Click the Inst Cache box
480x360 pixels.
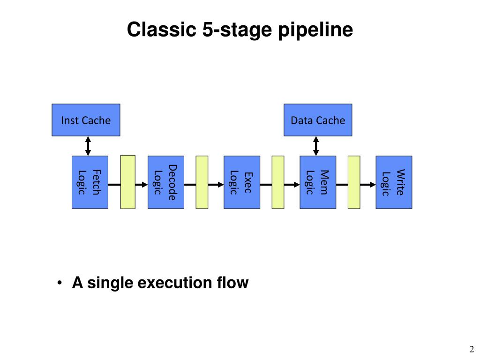pyautogui.click(x=86, y=120)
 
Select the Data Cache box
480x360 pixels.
pyautogui.click(x=318, y=120)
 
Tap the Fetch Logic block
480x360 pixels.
pyautogui.click(x=90, y=182)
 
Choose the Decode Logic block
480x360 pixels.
pyautogui.click(x=166, y=182)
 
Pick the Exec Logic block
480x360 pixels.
pyautogui.click(x=242, y=182)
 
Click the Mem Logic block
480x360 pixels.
pyautogui.click(x=318, y=182)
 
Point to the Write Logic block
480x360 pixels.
pyautogui.click(x=394, y=182)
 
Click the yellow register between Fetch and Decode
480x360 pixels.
pyautogui.click(x=128, y=182)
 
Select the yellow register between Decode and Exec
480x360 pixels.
pyautogui.click(x=202, y=182)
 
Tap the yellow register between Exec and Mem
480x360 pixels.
pyautogui.click(x=278, y=182)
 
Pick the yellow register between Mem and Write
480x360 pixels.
pyautogui.click(x=354, y=182)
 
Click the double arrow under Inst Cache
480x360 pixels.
pyautogui.click(x=88, y=146)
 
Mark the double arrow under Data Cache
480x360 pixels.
pyautogui.click(x=316, y=146)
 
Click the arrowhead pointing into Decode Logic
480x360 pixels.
pyautogui.click(x=145, y=185)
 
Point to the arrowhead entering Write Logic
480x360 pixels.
pyautogui.click(x=373, y=185)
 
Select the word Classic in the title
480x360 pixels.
pyautogui.click(x=162, y=30)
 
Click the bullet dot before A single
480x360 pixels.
pyautogui.click(x=60, y=283)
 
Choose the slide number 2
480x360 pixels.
pyautogui.click(x=472, y=349)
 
